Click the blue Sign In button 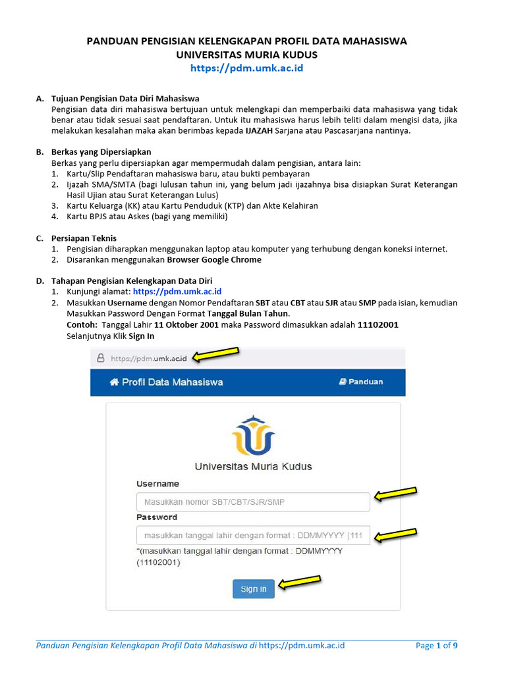tap(253, 588)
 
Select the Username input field tap(253, 502)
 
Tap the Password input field tap(253, 534)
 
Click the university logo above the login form tap(253, 435)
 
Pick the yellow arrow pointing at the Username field tap(395, 494)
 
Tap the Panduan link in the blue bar tap(360, 382)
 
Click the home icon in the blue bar tap(114, 382)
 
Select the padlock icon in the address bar tap(101, 359)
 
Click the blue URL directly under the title tap(246, 68)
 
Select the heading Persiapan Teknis tap(84, 238)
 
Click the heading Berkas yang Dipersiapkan tap(101, 151)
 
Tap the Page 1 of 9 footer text tap(436, 645)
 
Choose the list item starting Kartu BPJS tap(146, 217)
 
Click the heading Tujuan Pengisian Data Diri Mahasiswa tap(125, 99)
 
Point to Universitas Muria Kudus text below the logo tap(253, 466)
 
